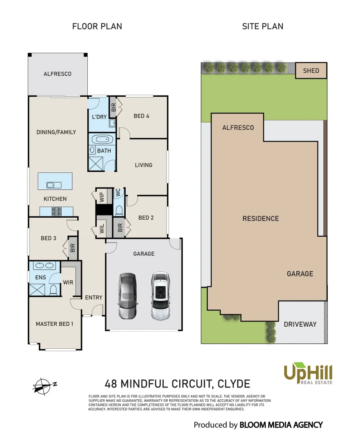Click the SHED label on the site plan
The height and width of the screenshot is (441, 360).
pyautogui.click(x=311, y=71)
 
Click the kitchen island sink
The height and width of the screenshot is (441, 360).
pyautogui.click(x=54, y=185)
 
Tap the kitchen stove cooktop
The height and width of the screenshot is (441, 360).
pyautogui.click(x=56, y=211)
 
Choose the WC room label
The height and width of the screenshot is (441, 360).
pyautogui.click(x=118, y=193)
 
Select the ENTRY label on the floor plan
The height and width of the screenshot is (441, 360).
pyautogui.click(x=93, y=297)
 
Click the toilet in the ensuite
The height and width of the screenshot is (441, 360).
pyautogui.click(x=53, y=290)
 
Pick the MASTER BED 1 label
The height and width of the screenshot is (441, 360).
pyautogui.click(x=54, y=324)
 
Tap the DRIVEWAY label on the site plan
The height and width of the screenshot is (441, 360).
pyautogui.click(x=300, y=324)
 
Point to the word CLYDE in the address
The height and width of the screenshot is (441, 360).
pyautogui.click(x=233, y=384)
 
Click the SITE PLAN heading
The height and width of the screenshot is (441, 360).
pyautogui.click(x=262, y=27)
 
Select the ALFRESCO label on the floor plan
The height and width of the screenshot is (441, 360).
pyautogui.click(x=57, y=74)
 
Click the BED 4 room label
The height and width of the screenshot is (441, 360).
pyautogui.click(x=141, y=116)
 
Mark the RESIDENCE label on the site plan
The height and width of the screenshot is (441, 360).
pyautogui.click(x=260, y=218)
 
